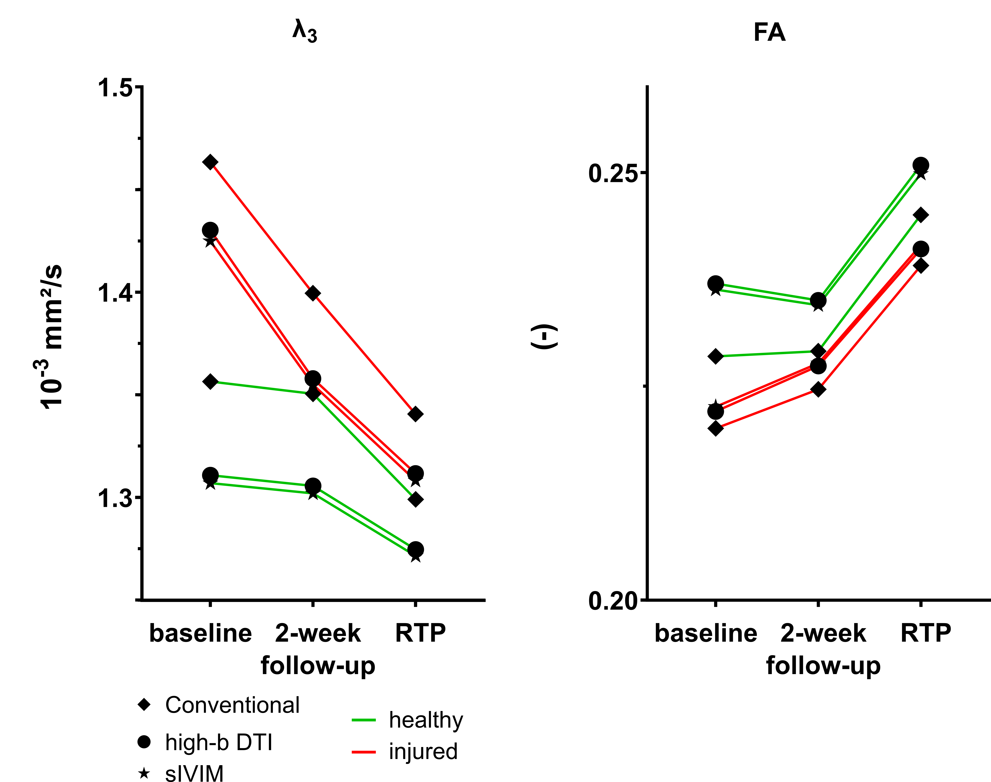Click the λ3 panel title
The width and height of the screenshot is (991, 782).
click(x=304, y=32)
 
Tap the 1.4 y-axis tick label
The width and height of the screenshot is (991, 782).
click(x=115, y=293)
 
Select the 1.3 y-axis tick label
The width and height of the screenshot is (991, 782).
click(x=115, y=498)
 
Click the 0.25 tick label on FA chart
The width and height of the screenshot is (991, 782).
click(x=613, y=173)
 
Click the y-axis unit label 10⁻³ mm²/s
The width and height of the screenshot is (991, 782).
click(x=50, y=337)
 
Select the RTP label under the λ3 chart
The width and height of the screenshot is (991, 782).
click(x=420, y=633)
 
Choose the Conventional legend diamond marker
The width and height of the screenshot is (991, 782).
click(x=144, y=705)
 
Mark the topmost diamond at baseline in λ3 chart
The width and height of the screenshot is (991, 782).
click(x=210, y=162)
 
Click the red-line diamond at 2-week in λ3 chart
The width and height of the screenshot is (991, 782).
click(x=313, y=293)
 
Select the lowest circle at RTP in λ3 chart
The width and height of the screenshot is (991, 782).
click(x=415, y=549)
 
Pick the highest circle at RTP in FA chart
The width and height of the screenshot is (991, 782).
click(x=920, y=165)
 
